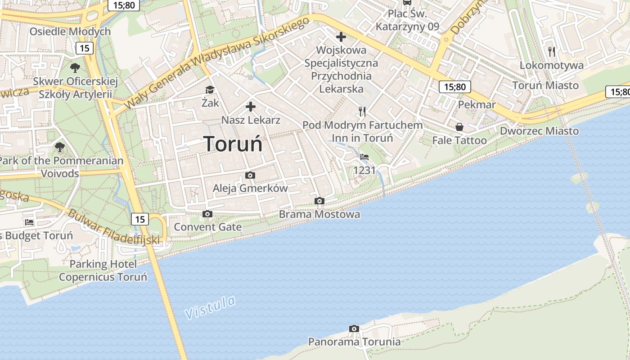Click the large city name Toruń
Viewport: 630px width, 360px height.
[x=233, y=144]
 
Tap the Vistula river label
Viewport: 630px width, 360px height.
[x=211, y=307]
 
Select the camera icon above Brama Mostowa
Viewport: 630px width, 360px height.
[x=319, y=201]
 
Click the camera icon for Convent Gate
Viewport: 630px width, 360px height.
[x=207, y=214]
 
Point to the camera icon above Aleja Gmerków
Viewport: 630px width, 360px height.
[x=250, y=175]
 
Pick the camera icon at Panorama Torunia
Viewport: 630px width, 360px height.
[x=354, y=328]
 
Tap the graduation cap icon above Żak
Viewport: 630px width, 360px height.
[x=210, y=90]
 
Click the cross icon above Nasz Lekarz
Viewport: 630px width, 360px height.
[x=251, y=107]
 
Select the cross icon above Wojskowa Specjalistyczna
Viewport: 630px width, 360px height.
[x=341, y=36]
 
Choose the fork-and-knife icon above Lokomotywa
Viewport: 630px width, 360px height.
[x=552, y=52]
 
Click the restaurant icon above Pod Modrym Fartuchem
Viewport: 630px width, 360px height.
[x=362, y=111]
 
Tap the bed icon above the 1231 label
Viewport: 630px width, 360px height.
[x=364, y=157]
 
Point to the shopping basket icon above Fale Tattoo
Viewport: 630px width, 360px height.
[x=459, y=127]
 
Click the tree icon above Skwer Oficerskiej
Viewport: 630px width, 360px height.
[x=75, y=68]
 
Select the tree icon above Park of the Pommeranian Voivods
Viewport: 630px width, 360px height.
[x=59, y=147]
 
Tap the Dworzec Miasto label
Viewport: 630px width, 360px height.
[x=540, y=131]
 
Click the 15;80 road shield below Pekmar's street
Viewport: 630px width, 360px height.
[x=455, y=87]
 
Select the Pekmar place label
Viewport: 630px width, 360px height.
[x=477, y=105]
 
